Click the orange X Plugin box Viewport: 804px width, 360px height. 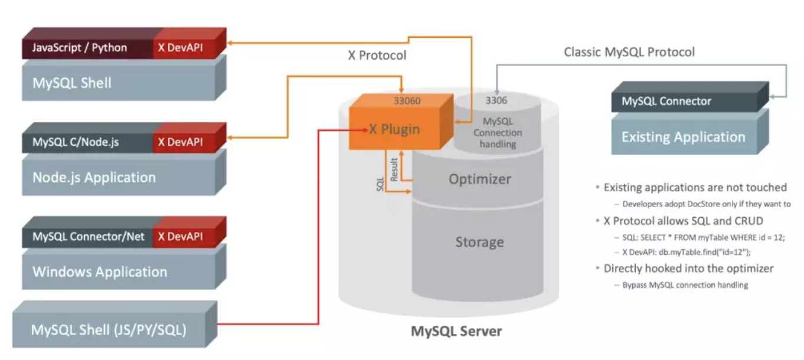[394, 129]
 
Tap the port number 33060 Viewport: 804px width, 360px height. [407, 101]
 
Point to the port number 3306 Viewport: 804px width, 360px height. [496, 101]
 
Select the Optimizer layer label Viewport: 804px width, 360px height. [479, 179]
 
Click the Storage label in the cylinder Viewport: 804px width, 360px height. [479, 242]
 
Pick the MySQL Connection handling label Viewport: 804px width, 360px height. [498, 133]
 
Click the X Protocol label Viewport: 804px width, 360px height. [377, 55]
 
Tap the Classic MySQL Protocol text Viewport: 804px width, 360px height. [629, 52]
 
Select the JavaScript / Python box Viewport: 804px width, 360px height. [80, 48]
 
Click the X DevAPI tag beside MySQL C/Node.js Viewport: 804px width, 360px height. [180, 142]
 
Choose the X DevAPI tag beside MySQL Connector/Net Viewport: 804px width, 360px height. [180, 236]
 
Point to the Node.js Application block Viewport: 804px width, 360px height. [94, 178]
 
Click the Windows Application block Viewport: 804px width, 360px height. [100, 272]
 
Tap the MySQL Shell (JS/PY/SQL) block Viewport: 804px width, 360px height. [109, 329]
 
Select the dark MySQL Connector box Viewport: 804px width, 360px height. [666, 102]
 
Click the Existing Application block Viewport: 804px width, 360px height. [683, 137]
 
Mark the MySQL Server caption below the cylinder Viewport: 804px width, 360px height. [456, 331]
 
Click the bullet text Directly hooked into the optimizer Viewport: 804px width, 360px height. [688, 269]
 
